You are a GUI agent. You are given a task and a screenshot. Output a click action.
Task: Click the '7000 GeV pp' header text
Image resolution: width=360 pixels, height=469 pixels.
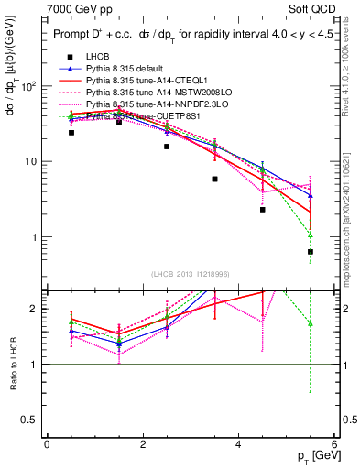pos(80,9)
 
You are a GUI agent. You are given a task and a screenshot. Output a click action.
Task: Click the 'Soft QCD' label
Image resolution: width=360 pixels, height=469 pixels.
pos(310,9)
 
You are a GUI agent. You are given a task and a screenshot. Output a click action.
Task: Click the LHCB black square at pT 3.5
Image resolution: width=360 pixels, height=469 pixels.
pos(214,180)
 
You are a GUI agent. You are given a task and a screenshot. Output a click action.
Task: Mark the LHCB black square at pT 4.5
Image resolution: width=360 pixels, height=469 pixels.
pos(262,210)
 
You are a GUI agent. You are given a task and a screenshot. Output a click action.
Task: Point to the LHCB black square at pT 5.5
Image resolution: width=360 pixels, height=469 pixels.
pos(311,252)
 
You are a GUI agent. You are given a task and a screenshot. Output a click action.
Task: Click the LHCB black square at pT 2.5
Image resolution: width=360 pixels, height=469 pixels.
pos(167,147)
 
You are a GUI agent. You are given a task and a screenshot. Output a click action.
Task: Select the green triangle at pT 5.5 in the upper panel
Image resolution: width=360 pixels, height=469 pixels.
pos(311,234)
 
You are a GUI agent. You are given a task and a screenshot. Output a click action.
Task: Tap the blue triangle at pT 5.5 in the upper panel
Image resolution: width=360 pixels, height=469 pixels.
pos(311,195)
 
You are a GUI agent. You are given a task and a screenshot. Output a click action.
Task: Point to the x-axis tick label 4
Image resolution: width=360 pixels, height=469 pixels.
pos(238,444)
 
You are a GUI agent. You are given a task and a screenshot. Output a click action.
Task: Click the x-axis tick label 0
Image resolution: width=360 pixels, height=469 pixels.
pos(47,444)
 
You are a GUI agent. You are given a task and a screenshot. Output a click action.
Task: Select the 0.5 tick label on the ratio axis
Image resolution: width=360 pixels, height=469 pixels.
pos(32,420)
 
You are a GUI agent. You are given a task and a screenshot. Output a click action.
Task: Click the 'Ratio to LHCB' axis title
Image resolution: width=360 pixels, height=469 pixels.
pos(13,365)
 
